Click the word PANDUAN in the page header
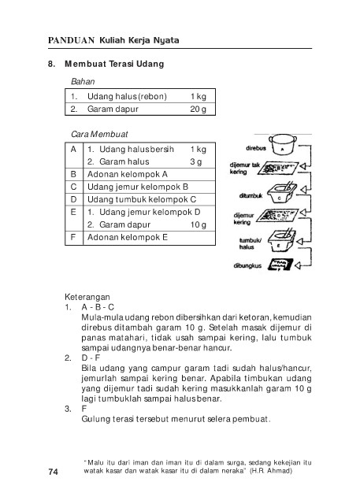[x=71, y=40]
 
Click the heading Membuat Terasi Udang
[x=114, y=64]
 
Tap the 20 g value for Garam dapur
[x=198, y=109]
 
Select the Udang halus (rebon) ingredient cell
[x=127, y=96]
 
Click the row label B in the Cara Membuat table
[x=73, y=174]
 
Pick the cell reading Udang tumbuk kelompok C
[x=142, y=199]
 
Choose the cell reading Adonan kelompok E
[x=128, y=237]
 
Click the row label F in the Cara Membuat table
[x=73, y=237]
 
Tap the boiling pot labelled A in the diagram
[x=283, y=145]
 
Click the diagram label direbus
[x=256, y=148]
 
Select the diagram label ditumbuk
[x=251, y=195]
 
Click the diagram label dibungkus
[x=247, y=266]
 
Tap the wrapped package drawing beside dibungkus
[x=280, y=265]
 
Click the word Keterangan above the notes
[x=87, y=297]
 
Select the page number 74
[x=54, y=472]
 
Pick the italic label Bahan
[x=83, y=82]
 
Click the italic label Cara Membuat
[x=99, y=135]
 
